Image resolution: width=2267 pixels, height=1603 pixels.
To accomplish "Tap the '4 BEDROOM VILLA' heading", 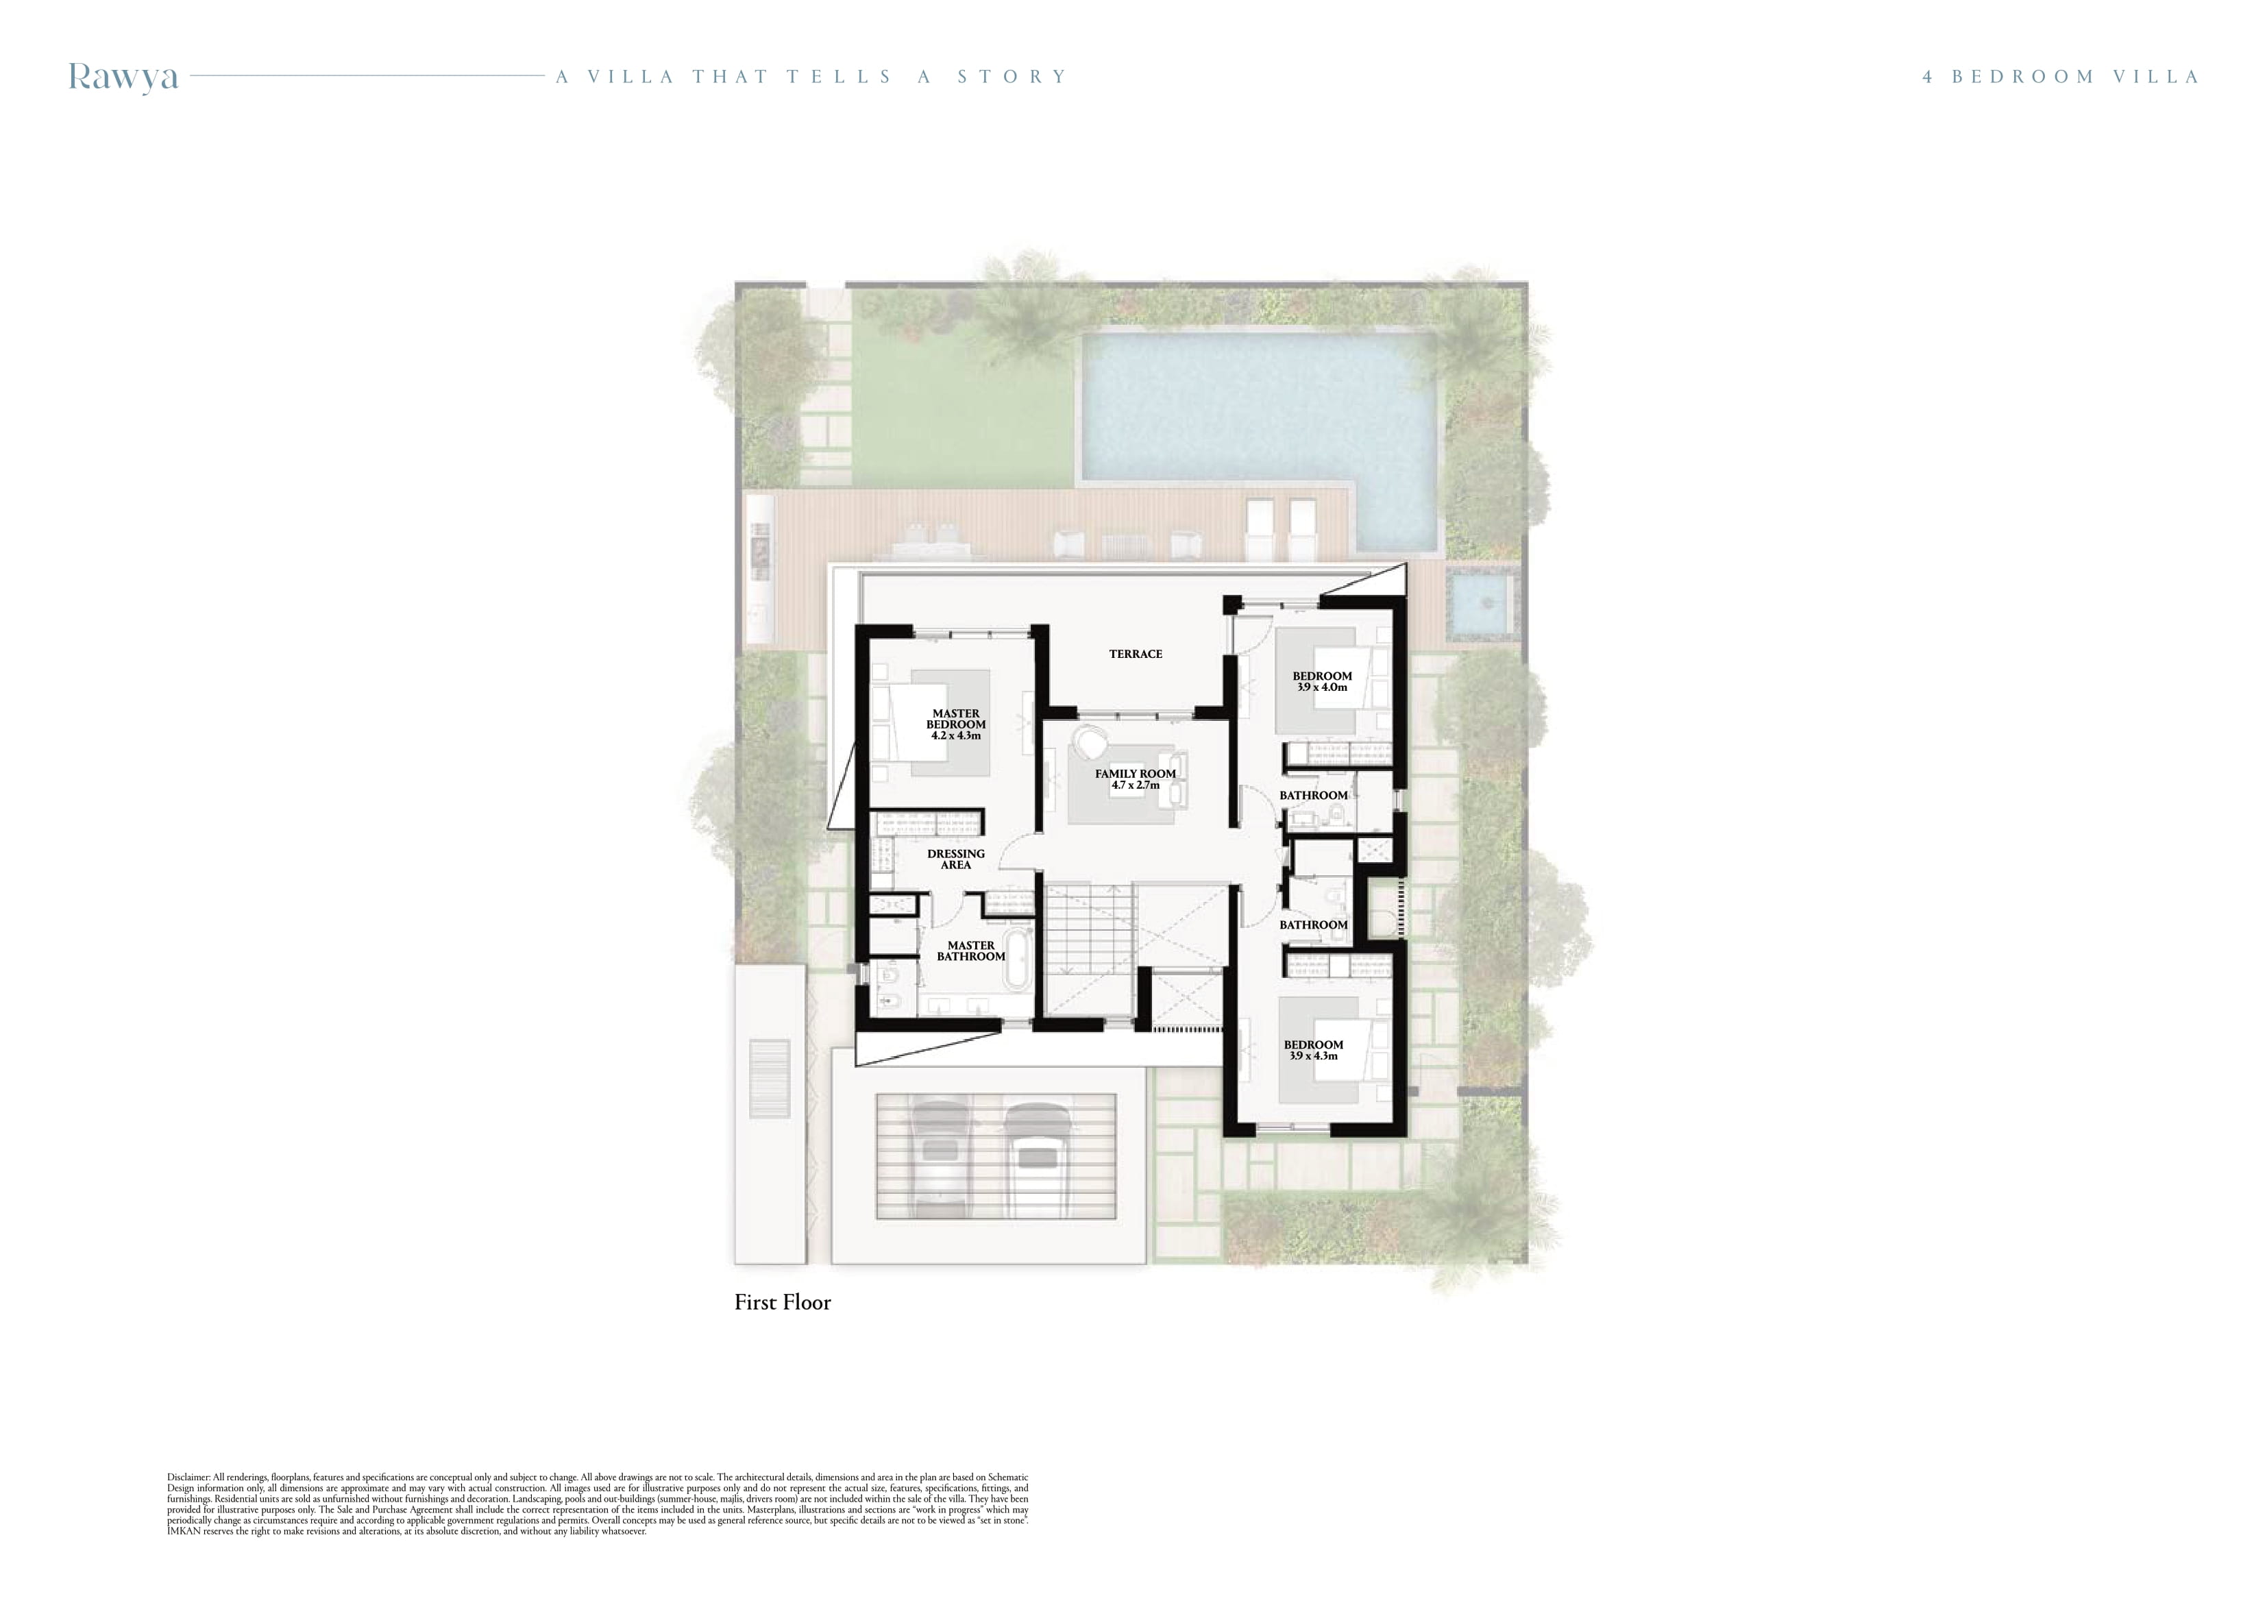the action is tap(2061, 77).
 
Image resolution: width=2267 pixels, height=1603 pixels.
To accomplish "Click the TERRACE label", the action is tap(1136, 654).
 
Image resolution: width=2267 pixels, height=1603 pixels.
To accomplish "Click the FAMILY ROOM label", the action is tap(1136, 774).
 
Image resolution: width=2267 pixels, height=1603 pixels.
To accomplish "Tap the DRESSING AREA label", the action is tap(956, 859).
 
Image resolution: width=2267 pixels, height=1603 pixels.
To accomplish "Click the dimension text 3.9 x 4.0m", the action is tap(1322, 687).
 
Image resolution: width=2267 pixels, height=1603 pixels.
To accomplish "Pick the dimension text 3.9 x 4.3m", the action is tap(1313, 1056).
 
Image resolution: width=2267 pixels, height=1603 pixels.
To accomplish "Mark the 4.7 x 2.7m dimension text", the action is tap(1136, 785).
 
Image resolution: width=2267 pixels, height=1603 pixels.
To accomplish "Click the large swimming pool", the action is tap(1259, 425).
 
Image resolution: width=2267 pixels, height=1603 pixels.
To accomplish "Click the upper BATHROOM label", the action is tap(1313, 795).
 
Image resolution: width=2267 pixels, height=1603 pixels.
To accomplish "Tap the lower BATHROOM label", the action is tap(1313, 925).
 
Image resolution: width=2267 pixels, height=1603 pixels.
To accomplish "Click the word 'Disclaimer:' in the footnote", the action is tap(188, 1478).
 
